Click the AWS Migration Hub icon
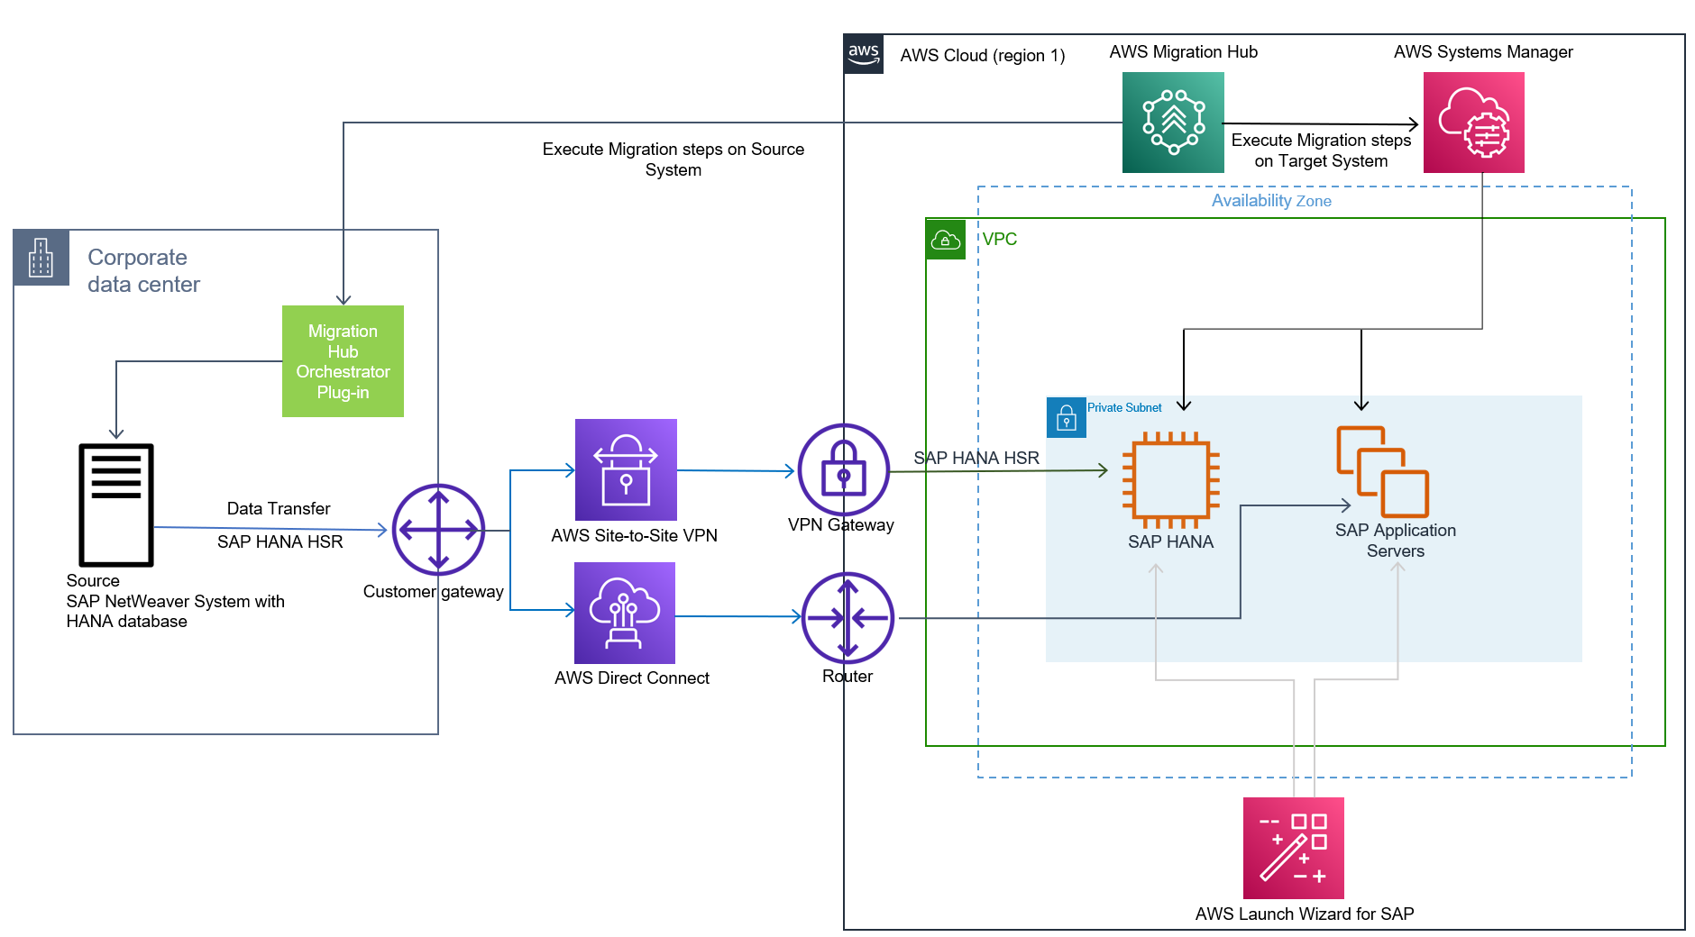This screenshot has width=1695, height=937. click(x=1173, y=123)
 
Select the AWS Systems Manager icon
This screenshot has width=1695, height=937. click(x=1473, y=123)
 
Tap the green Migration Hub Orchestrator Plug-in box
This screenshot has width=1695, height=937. click(x=343, y=361)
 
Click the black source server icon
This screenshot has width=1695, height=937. click(x=116, y=505)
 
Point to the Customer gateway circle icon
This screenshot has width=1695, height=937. click(x=438, y=530)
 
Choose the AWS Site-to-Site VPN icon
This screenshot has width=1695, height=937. click(x=626, y=469)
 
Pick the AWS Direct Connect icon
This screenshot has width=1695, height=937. click(x=625, y=613)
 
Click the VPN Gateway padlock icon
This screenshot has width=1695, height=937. click(x=844, y=469)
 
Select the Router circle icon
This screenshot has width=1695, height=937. click(x=847, y=618)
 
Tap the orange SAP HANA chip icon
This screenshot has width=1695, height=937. click(x=1170, y=480)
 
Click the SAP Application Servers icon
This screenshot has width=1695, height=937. click(x=1382, y=472)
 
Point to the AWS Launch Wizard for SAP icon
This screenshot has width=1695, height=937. click(x=1293, y=848)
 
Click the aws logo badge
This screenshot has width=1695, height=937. click(x=864, y=54)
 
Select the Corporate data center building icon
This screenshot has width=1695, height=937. click(x=41, y=258)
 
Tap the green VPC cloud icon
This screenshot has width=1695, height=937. click(x=946, y=240)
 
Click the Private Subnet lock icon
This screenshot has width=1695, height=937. click(x=1066, y=418)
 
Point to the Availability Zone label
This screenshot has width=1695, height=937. click(x=1271, y=201)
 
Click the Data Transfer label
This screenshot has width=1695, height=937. click(x=279, y=509)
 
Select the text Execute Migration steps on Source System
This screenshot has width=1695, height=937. click(x=673, y=159)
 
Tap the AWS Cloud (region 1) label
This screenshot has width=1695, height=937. click(x=983, y=56)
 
